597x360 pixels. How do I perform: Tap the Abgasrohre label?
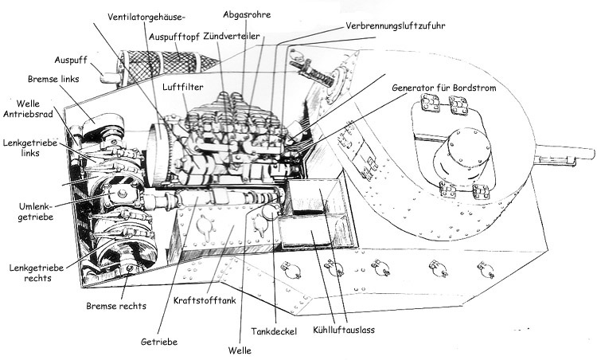pos(247,15)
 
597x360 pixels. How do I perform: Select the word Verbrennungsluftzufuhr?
pos(395,25)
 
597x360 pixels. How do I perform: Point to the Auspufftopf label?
pos(174,37)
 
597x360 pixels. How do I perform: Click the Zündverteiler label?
pos(232,36)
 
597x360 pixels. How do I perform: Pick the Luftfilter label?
pos(183,87)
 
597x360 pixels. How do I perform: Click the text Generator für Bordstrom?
pos(444,88)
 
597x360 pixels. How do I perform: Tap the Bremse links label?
pos(53,79)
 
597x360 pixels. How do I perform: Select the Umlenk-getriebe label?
pos(35,212)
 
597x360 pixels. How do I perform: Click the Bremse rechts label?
pos(116,306)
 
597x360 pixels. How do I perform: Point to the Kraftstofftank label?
pos(205,300)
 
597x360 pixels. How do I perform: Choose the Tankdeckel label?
pos(274,331)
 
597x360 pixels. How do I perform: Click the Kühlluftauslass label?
pos(344,330)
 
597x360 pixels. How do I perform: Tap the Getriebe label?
pos(159,342)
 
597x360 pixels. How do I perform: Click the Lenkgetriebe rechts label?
pos(37,272)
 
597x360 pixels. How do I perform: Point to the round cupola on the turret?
pos(462,152)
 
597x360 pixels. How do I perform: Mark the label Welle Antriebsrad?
pos(28,108)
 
